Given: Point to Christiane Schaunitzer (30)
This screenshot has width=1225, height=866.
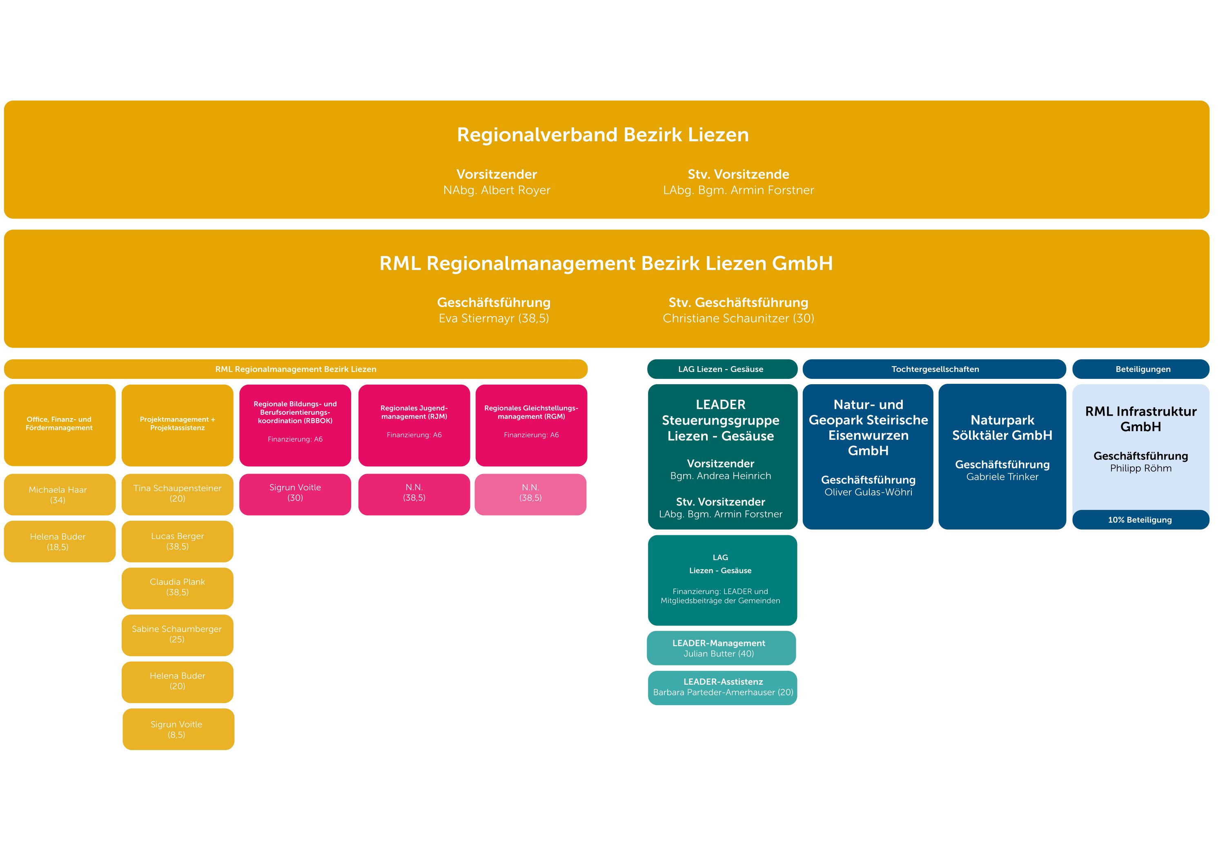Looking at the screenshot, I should (738, 318).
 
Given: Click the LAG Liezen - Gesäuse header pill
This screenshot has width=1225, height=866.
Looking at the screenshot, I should (722, 369).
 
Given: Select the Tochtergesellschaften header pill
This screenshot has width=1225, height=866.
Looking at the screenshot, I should (934, 369).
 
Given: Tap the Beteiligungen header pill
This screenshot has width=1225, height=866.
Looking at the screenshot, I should (1142, 369).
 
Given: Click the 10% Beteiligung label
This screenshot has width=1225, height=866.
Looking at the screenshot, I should (1140, 520).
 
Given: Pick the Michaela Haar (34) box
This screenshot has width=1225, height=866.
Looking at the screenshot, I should (59, 494).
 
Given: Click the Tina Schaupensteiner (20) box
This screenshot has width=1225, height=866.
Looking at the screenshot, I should (177, 494).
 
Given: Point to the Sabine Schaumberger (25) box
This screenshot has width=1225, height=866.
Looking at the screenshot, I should (177, 634).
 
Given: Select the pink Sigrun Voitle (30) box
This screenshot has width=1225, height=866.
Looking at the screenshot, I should (295, 493).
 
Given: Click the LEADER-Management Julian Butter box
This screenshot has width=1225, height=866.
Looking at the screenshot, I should (721, 648).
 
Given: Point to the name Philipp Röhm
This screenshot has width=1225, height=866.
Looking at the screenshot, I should (1140, 468).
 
